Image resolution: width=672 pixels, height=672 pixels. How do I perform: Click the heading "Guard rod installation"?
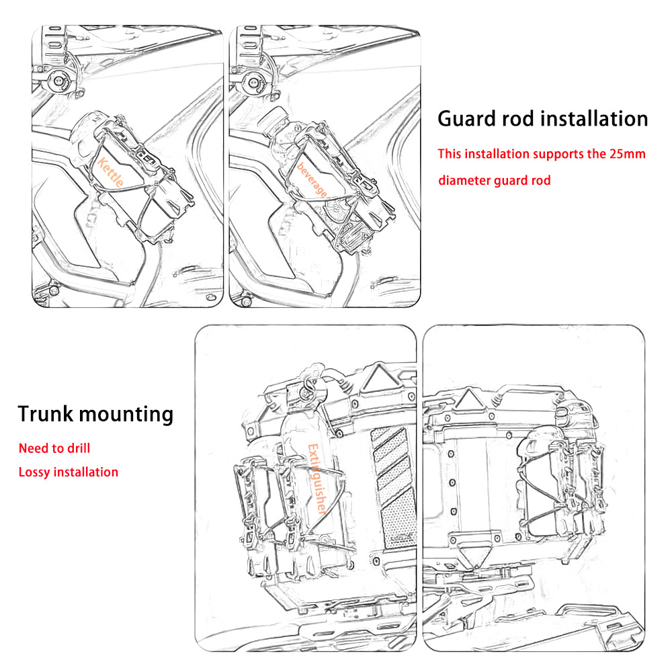[543, 119]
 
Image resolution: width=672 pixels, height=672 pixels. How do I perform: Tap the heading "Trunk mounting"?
[95, 413]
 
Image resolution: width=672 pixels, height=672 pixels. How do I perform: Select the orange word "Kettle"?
[111, 177]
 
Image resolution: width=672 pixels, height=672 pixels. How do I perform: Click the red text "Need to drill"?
[54, 448]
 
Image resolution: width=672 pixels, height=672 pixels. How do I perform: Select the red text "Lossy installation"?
[69, 472]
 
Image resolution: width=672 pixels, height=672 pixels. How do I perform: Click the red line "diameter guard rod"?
[495, 180]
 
